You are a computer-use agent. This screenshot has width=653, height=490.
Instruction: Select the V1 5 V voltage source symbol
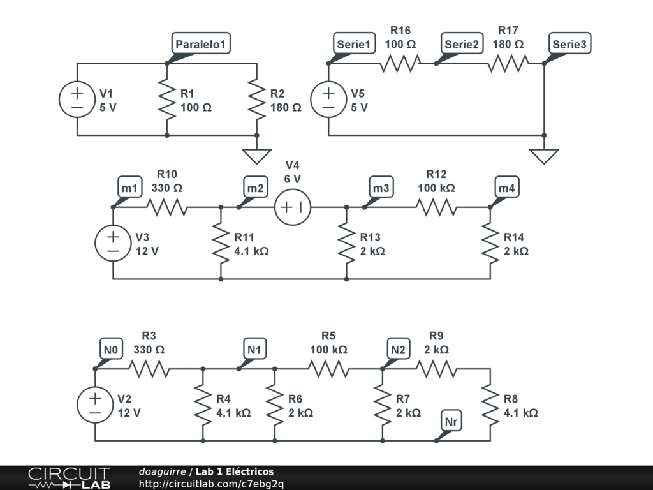77,100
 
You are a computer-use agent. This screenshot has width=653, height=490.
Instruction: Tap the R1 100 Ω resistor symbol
167,100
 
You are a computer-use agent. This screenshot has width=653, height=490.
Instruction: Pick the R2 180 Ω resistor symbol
257,100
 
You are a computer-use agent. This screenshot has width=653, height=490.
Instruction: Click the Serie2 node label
462,44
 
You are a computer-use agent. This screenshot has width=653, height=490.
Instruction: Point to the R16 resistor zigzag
400,64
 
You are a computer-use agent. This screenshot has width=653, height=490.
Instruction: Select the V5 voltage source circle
328,100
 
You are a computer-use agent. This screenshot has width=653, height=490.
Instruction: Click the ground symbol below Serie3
544,156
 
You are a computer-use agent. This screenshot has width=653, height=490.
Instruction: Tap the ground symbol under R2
257,156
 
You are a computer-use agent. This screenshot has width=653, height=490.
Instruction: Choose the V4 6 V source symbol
293,207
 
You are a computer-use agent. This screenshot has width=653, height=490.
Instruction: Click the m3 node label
382,188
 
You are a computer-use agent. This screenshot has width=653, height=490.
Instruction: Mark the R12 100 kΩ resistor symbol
437,207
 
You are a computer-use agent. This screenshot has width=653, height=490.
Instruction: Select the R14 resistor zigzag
490,243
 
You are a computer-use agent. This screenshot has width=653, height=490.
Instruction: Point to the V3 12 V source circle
113,243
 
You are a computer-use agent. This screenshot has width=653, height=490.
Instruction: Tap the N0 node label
112,350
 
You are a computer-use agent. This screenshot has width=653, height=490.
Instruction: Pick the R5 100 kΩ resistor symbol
328,369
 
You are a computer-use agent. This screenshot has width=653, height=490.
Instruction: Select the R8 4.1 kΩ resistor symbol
490,405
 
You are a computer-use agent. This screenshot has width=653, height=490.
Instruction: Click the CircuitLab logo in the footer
69,477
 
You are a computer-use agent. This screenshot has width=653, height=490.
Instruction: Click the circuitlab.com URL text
212,484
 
